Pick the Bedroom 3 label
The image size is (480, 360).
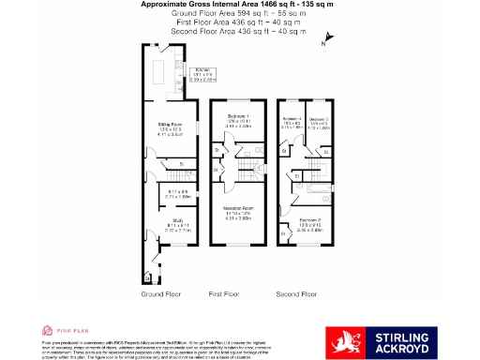tap(319, 120)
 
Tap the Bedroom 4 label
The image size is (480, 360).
tap(292, 120)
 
